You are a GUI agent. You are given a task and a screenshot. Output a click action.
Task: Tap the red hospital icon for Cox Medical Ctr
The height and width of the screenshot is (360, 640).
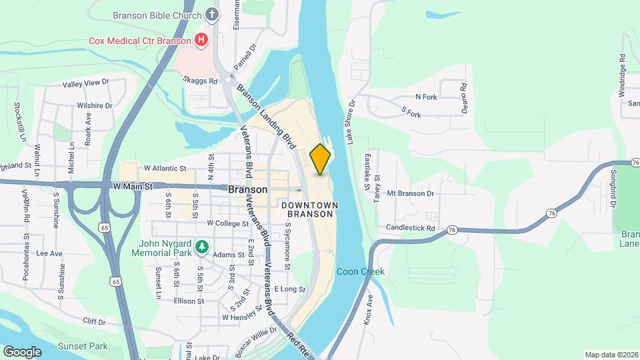coord(201,41)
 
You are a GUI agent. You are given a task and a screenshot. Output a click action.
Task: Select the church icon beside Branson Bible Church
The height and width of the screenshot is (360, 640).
coord(211,14)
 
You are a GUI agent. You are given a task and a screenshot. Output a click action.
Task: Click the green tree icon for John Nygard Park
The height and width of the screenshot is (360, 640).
coord(201,247)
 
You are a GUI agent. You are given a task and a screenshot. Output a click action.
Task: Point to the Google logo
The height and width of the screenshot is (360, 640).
coord(22,351)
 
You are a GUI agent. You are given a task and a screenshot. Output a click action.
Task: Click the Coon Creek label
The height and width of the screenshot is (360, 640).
coord(360,272)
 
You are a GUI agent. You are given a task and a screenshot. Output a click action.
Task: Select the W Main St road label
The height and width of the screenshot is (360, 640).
coord(133,187)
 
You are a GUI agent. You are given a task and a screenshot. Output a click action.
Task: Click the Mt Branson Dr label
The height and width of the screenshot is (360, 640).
coord(411,193)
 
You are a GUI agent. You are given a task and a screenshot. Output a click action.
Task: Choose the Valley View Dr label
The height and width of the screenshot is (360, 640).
coord(85,83)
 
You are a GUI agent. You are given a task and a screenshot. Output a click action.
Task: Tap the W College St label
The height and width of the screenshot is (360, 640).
coord(228,223)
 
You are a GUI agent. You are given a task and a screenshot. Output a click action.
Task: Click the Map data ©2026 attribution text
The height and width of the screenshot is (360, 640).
coord(611,355)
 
